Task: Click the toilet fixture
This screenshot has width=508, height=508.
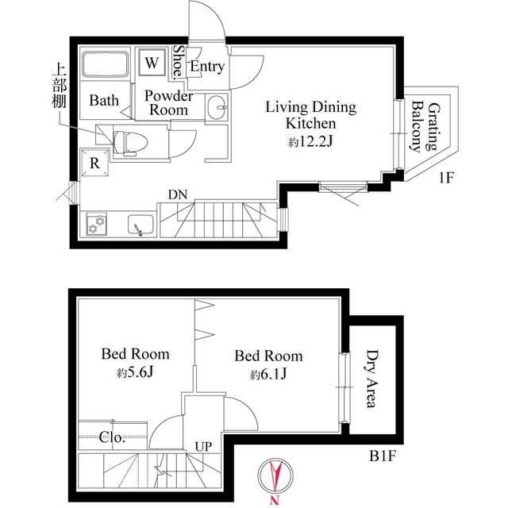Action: pyautogui.click(x=130, y=143)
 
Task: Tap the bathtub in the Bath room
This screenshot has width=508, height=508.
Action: pyautogui.click(x=105, y=63)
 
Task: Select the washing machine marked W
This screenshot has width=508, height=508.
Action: pyautogui.click(x=152, y=62)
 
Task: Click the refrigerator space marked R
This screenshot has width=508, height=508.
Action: pyautogui.click(x=94, y=163)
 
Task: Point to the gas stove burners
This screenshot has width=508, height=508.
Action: pyautogui.click(x=96, y=224)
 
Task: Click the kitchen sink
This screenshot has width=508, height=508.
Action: pyautogui.click(x=140, y=224)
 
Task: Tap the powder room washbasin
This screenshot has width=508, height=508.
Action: pyautogui.click(x=217, y=107)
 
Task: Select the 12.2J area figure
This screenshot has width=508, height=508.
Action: pyautogui.click(x=311, y=142)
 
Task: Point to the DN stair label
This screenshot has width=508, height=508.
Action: pyautogui.click(x=178, y=194)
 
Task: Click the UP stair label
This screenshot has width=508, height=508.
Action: pyautogui.click(x=203, y=447)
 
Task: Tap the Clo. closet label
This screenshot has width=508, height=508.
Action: pyautogui.click(x=112, y=437)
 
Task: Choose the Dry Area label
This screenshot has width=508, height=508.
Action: pyautogui.click(x=372, y=379)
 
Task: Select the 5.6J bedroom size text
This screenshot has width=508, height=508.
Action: pyautogui.click(x=135, y=373)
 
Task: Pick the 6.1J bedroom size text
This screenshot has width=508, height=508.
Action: pyautogui.click(x=268, y=375)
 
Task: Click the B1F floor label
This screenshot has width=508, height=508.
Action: pyautogui.click(x=383, y=456)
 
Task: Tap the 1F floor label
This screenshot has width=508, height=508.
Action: pyautogui.click(x=447, y=178)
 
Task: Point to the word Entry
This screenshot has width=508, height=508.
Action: pyautogui.click(x=207, y=67)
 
